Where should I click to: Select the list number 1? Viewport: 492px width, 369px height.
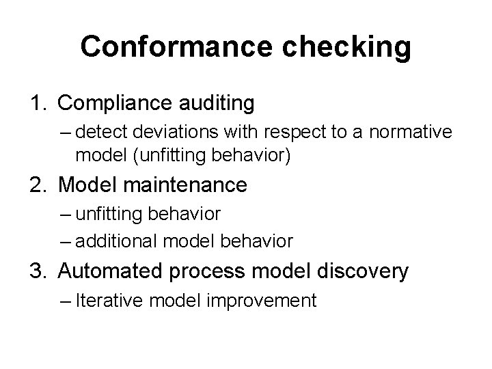(38, 104)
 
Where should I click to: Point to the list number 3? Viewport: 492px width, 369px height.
(38, 271)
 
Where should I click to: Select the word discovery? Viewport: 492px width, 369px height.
(361, 271)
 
